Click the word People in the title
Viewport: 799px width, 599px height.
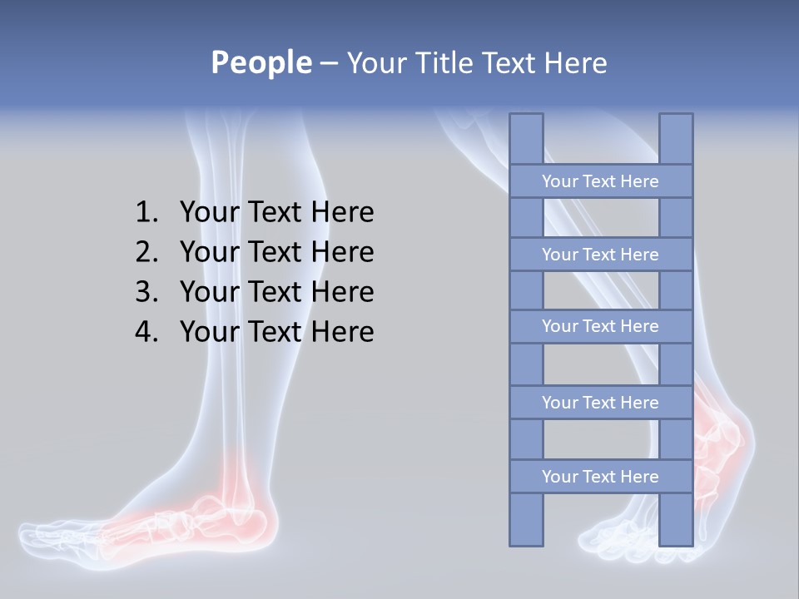click(261, 62)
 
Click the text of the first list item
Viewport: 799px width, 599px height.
click(276, 213)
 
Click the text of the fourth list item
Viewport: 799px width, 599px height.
click(276, 332)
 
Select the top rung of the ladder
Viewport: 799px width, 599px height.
click(600, 181)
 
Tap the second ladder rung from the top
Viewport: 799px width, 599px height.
click(600, 255)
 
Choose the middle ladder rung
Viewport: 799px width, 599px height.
click(600, 326)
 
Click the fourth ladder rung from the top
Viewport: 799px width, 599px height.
click(600, 403)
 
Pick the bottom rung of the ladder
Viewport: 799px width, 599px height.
click(600, 477)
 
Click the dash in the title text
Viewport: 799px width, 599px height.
click(328, 63)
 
